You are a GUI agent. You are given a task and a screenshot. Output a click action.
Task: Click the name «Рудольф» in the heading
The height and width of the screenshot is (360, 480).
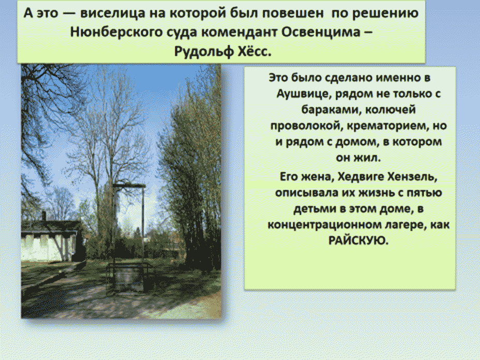(203, 51)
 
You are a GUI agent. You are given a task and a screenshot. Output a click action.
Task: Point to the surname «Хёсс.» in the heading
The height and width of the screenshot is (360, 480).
(254, 51)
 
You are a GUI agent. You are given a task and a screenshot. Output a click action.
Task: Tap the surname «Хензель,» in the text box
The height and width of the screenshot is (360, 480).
(412, 176)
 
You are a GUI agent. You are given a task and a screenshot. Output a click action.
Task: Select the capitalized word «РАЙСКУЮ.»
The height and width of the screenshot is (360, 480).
(358, 241)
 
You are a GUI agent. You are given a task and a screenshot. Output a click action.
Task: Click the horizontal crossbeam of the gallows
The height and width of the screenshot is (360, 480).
(129, 186)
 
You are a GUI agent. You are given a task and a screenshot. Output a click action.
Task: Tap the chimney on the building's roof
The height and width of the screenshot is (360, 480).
(44, 216)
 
